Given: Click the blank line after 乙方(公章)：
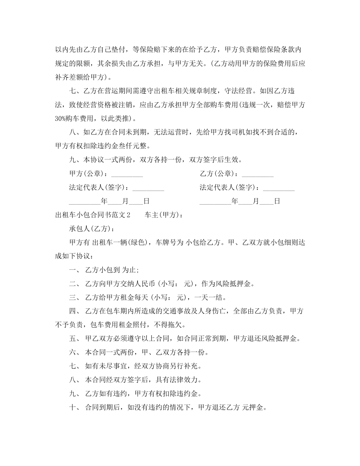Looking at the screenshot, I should coord(257,174).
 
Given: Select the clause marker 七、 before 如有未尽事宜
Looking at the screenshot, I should coord(74,366).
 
